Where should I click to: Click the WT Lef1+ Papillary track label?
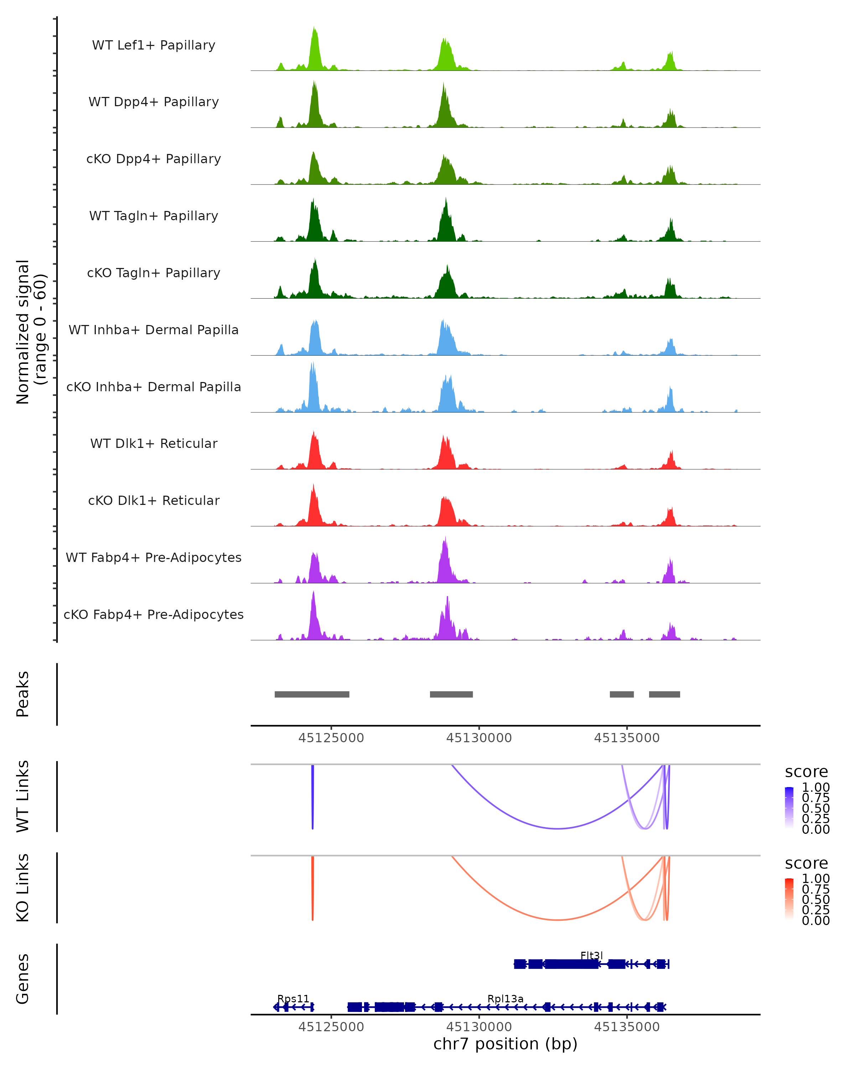pos(154,46)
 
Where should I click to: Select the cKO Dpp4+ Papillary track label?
pos(154,159)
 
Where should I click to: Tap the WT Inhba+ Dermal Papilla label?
pos(154,330)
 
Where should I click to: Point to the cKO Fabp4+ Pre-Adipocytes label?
pos(154,615)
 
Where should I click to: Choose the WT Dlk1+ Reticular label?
pos(154,444)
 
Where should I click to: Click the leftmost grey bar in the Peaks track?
pos(312,694)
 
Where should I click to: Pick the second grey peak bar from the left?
pos(451,694)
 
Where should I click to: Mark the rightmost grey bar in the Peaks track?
pos(664,694)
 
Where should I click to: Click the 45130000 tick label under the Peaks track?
pos(479,738)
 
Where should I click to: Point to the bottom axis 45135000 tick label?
pos(627,1027)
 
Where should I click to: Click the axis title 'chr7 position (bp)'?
pos(505,1044)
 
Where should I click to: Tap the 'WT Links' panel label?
pos(23,797)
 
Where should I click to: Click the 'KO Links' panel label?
pos(23,888)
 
